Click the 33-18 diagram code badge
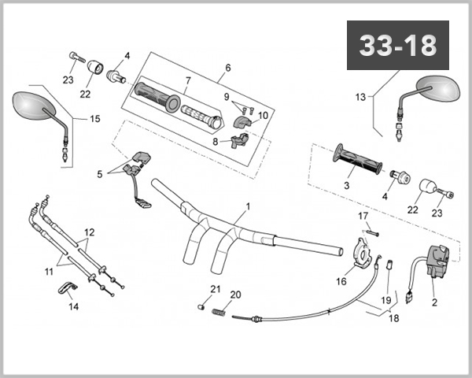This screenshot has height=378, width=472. [397, 46]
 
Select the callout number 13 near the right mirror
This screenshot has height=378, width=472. [360, 97]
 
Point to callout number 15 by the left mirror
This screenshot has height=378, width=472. [94, 119]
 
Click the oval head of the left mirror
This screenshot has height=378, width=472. [31, 106]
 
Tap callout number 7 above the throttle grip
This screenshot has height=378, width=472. [188, 81]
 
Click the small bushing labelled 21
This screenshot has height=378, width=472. [201, 306]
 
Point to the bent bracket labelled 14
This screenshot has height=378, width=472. [66, 290]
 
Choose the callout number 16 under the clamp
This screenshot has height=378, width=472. [341, 280]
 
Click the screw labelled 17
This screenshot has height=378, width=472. [371, 232]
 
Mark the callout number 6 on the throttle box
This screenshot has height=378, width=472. [227, 69]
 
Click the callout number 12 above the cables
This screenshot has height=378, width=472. [89, 232]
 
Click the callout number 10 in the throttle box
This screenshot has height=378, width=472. [263, 115]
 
